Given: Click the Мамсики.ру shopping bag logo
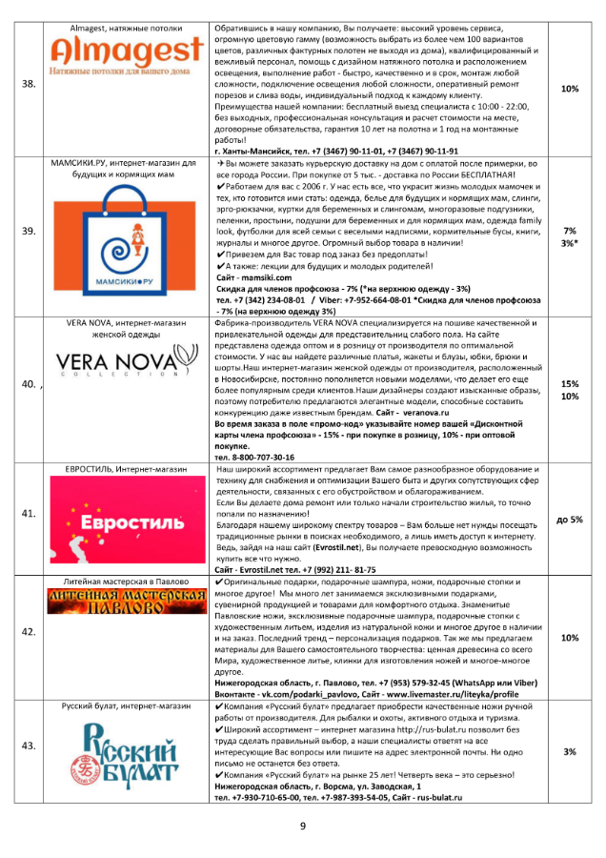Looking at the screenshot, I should point(131,246).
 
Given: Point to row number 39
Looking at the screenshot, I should point(29,232).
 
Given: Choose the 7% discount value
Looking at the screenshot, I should point(570,231).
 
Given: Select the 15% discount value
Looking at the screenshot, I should point(570,383).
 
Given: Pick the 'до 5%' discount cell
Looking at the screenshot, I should point(570,520).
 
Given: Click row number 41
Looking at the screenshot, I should point(29,514).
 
